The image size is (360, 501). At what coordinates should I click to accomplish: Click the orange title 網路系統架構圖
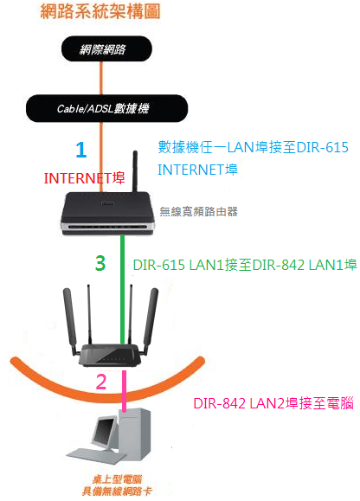pos(100,12)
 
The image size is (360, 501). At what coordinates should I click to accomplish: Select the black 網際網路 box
pos(106,48)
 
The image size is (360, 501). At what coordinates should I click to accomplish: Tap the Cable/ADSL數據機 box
pos(106,108)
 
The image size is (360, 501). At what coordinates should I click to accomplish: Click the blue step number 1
pos(81,150)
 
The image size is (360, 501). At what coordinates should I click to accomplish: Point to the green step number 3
pos(100,263)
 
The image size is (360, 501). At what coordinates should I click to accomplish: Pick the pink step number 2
pos(101,382)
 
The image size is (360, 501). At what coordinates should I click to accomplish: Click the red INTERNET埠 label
pos(84,178)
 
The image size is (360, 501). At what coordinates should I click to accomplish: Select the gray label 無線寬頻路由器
pos(198,211)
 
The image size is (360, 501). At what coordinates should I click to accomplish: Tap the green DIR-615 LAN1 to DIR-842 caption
pos(245,265)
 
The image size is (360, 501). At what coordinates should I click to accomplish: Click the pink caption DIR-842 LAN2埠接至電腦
pos(273,403)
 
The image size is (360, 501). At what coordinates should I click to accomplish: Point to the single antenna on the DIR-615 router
pos(135,171)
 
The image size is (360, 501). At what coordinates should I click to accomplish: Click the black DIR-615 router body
pos(107,213)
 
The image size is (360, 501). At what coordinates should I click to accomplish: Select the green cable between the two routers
pos(122,289)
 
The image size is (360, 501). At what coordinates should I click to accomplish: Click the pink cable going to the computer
pos(124,391)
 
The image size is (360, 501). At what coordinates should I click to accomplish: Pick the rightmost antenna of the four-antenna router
pos(150,320)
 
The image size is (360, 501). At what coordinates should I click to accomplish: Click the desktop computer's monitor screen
pos(104,431)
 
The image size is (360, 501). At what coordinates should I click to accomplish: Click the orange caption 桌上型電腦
pos(117,479)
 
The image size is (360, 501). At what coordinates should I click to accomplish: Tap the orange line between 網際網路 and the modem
pos(101,78)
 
